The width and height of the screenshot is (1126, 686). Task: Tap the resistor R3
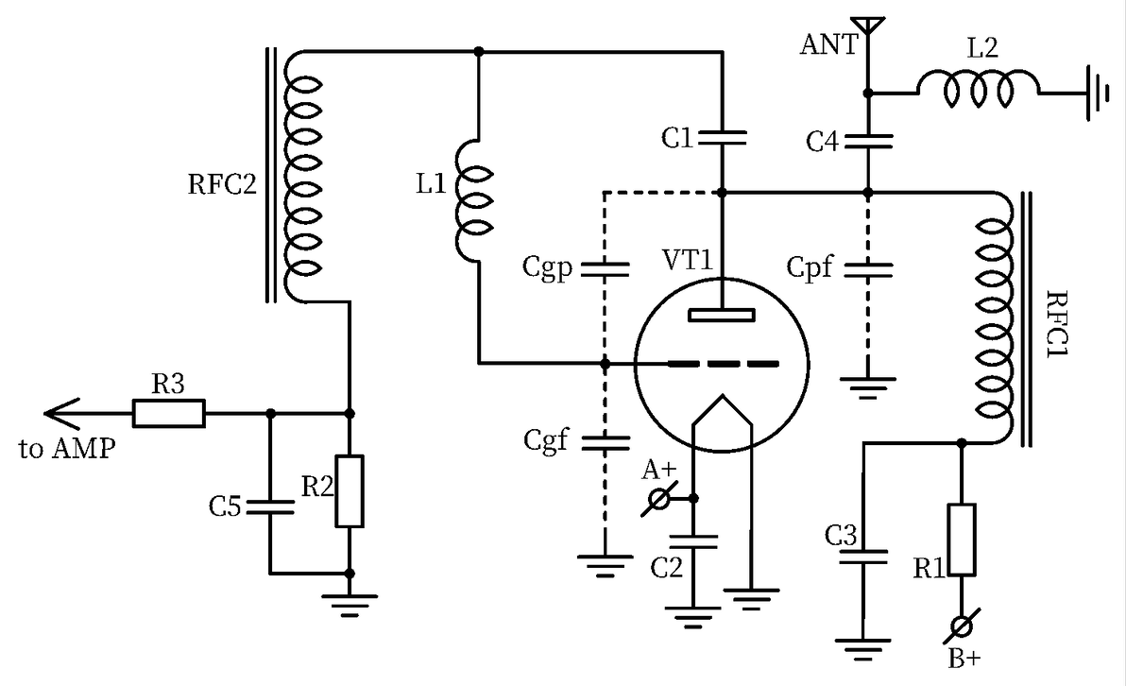coord(168,413)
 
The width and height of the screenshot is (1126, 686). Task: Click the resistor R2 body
coord(350,491)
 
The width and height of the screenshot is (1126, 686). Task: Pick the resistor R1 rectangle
coord(962,540)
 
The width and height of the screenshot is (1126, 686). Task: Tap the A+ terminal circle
coord(658,498)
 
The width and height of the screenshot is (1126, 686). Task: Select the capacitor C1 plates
coord(722,139)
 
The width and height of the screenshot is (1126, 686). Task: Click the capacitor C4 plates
coord(868,141)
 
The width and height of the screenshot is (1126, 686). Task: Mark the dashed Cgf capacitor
coord(605,440)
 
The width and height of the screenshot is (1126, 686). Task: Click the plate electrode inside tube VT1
coord(722,314)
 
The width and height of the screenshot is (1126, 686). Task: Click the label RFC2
coord(222,181)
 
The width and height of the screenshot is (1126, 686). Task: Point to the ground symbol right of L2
coord(1096,92)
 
